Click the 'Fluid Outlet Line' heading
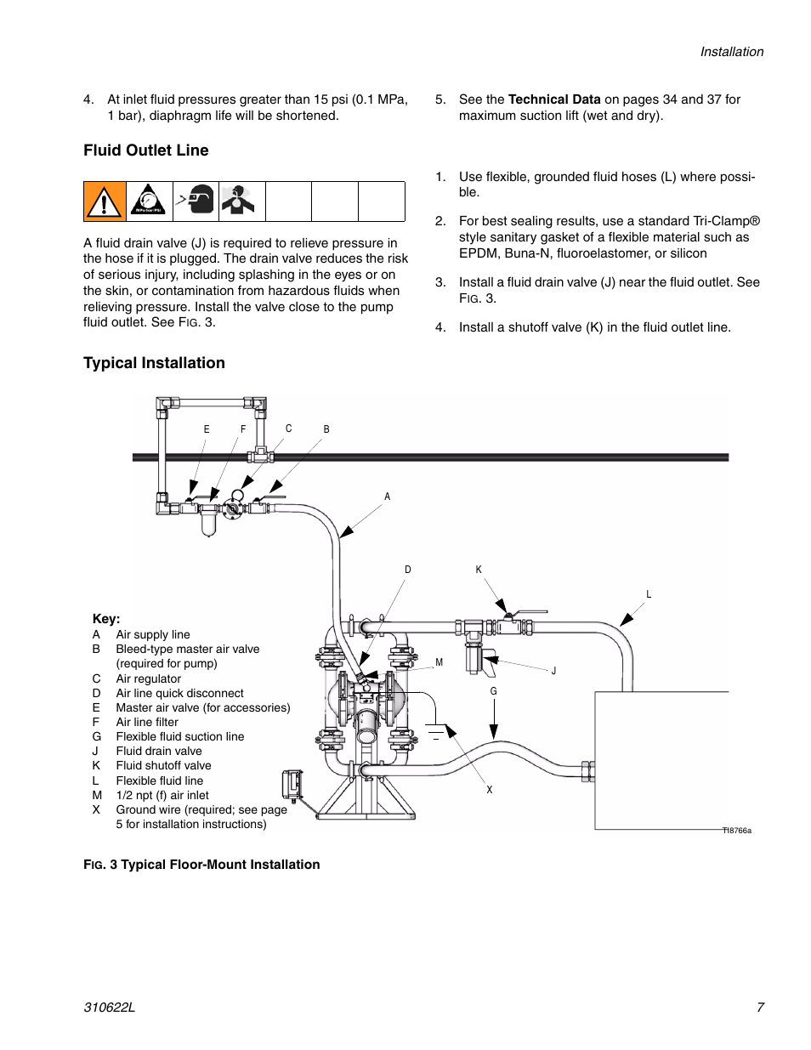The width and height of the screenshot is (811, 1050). (x=145, y=150)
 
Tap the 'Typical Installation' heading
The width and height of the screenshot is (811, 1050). (x=154, y=363)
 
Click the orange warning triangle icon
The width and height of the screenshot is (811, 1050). (x=105, y=201)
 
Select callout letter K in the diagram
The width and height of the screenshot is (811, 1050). (x=479, y=570)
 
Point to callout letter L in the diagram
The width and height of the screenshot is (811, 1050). (x=649, y=594)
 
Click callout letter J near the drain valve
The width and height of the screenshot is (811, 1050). (x=553, y=671)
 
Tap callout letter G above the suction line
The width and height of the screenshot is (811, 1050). (x=493, y=691)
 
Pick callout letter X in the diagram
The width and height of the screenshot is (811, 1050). (x=490, y=790)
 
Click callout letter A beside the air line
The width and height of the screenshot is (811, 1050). (x=388, y=497)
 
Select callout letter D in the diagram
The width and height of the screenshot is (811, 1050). (x=408, y=570)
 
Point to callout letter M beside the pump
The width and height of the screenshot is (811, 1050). (x=440, y=662)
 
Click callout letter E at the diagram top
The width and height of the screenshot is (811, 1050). (x=207, y=429)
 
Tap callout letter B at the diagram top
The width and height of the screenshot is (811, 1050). (x=326, y=429)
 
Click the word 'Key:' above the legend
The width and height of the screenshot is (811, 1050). (x=106, y=619)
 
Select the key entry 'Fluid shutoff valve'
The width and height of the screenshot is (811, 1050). (x=163, y=765)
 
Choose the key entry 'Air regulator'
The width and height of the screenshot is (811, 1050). (x=148, y=678)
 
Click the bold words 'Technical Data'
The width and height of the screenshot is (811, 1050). (x=554, y=99)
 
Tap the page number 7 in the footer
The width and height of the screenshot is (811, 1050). (x=760, y=1007)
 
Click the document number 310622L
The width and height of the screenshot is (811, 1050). (x=109, y=1007)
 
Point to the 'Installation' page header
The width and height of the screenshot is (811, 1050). (x=731, y=52)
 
